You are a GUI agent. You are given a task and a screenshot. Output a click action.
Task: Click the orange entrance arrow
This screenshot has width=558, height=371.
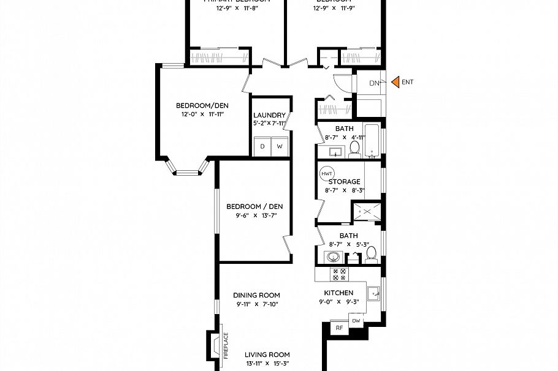point(396,81)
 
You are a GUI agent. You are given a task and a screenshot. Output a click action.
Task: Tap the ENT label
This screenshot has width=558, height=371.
point(408,81)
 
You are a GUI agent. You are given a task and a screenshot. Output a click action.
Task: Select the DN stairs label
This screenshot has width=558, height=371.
point(375,83)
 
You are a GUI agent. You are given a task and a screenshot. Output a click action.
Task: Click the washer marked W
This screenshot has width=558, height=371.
point(280,146)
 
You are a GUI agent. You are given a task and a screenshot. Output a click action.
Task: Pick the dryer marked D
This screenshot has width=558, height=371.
point(262,146)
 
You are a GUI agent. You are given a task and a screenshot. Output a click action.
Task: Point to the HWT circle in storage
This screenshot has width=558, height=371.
point(326,173)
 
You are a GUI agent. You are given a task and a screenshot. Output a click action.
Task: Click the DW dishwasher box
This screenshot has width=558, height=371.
point(356,321)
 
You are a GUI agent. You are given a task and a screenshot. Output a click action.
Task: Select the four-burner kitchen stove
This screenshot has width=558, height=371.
point(338,274)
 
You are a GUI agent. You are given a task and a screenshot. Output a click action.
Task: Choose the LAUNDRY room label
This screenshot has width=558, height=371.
point(269,115)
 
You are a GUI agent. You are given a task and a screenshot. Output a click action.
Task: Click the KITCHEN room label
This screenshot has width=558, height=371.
point(338,293)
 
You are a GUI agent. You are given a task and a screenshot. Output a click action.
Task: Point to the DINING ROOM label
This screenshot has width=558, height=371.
point(256,295)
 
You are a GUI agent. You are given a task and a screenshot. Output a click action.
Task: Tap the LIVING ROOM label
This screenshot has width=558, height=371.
point(267,354)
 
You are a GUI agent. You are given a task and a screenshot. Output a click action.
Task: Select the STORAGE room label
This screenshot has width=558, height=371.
point(344,182)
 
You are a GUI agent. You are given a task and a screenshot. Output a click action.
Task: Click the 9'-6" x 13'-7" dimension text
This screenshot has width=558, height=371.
point(254,215)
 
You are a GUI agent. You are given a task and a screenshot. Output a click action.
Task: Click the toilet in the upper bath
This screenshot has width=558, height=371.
point(354,148)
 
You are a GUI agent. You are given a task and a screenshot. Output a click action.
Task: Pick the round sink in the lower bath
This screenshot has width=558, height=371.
point(334,257)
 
